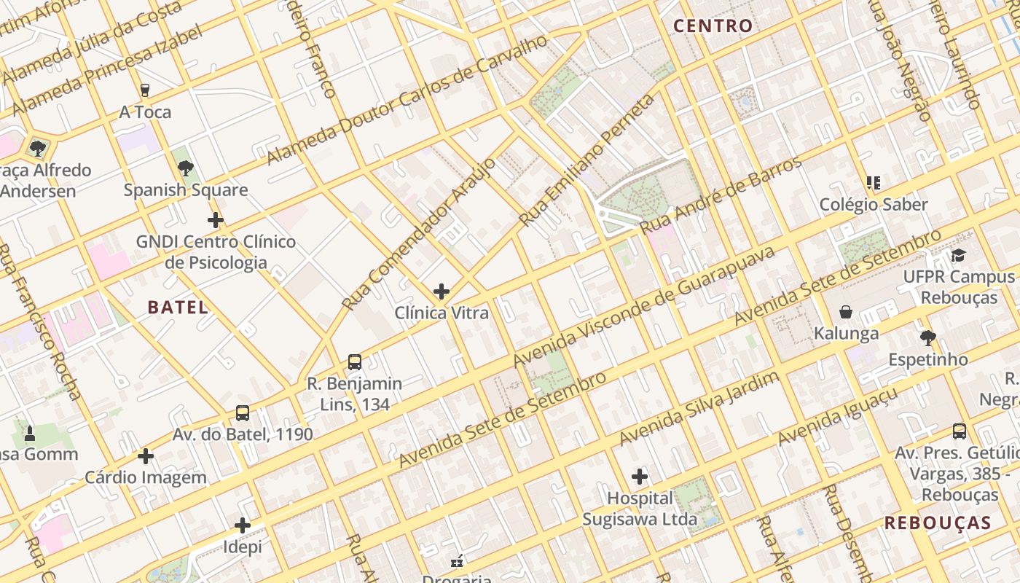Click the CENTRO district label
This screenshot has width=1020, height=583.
[713, 26]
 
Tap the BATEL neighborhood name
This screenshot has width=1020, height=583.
[178, 308]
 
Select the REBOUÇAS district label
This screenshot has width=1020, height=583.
[938, 523]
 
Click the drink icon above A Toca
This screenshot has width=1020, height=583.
[145, 90]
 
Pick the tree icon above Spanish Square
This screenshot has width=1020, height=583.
[186, 168]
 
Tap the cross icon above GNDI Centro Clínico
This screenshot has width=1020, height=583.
[216, 219]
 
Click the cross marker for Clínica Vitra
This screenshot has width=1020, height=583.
[442, 291]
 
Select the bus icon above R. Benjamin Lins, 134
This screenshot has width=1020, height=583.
[355, 361]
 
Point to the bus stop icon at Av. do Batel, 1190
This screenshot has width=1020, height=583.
[243, 413]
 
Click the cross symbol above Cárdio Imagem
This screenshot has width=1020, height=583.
[146, 456]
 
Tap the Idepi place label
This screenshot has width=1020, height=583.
[243, 547]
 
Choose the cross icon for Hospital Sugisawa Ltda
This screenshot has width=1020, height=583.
[640, 477]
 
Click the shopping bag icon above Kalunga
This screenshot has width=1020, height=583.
[846, 312]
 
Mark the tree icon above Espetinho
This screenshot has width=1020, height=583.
[927, 337]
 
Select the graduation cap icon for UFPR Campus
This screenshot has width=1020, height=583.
[959, 255]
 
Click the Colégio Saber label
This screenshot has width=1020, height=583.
[874, 205]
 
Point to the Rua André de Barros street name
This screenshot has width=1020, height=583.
[721, 195]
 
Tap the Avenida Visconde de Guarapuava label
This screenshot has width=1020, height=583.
[644, 307]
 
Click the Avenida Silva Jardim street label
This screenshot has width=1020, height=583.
[699, 408]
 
